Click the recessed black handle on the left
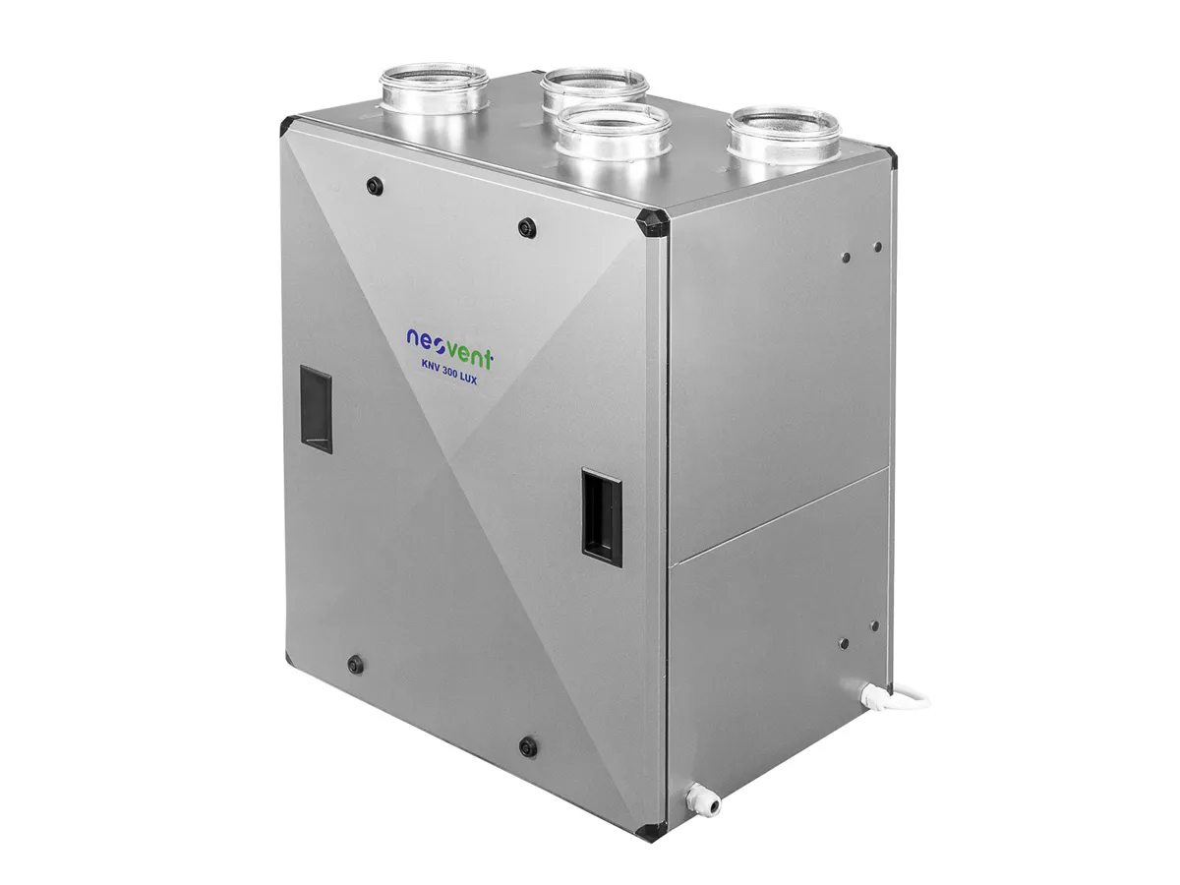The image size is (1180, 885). pyautogui.click(x=316, y=408)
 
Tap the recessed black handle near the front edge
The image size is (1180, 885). pyautogui.click(x=602, y=515)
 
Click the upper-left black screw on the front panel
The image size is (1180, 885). pyautogui.click(x=373, y=184)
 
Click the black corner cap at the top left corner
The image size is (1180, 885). pyautogui.click(x=287, y=124)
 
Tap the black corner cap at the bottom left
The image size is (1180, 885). pyautogui.click(x=290, y=657)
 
